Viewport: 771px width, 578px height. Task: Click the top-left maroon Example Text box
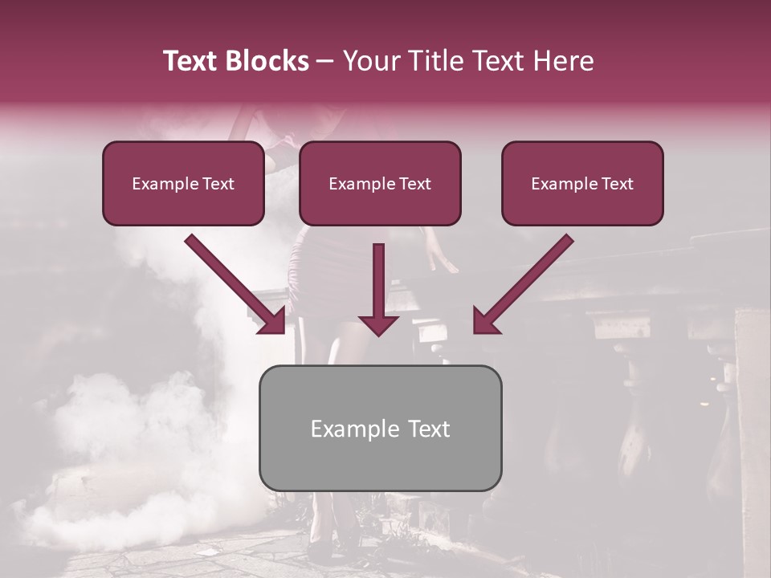point(183,184)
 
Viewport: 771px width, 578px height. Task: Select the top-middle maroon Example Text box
point(380,184)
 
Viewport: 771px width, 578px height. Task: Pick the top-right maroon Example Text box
point(582,184)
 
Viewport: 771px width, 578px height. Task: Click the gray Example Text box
point(380,428)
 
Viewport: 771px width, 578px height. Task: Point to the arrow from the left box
point(233,283)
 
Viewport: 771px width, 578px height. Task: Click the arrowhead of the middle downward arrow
point(378,324)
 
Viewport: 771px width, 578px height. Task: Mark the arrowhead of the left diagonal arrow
point(273,321)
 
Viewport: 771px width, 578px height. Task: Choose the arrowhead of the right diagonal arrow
point(485,321)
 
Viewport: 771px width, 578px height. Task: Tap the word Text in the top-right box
point(617,184)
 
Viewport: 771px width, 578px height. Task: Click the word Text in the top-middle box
point(414,184)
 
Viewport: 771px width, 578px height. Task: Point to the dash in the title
point(325,61)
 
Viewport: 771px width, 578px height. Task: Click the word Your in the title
point(369,61)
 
